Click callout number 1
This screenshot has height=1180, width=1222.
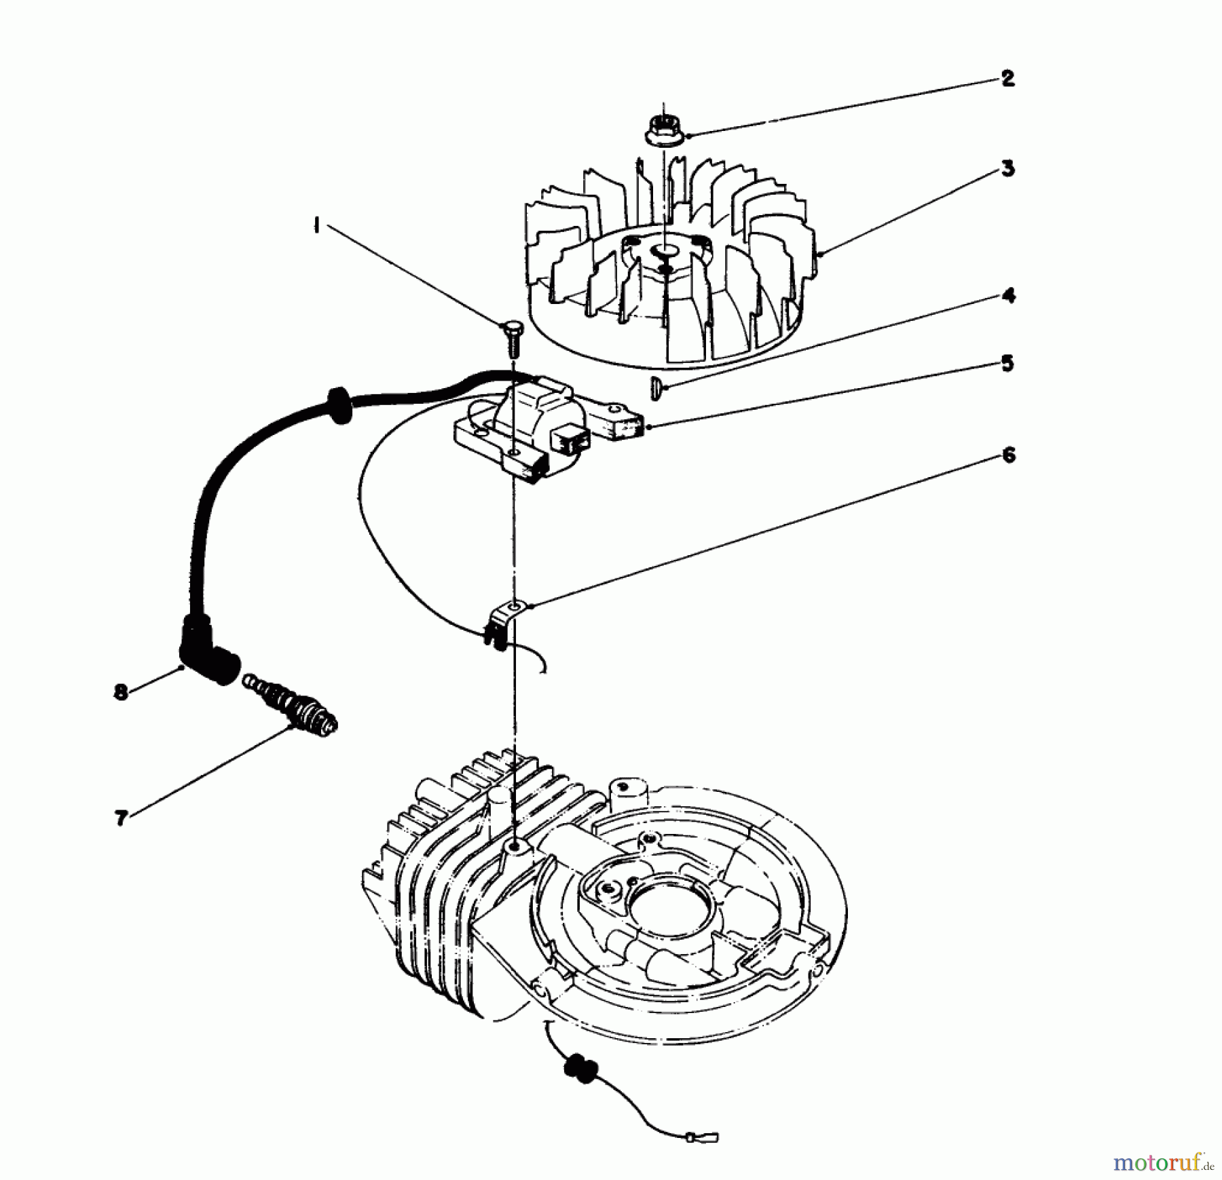coord(316,225)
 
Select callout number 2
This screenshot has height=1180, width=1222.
coord(1007,79)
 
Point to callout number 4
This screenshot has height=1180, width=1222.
coord(1009,297)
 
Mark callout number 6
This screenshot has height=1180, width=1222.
coord(1009,455)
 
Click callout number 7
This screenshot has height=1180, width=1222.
coord(122,819)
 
